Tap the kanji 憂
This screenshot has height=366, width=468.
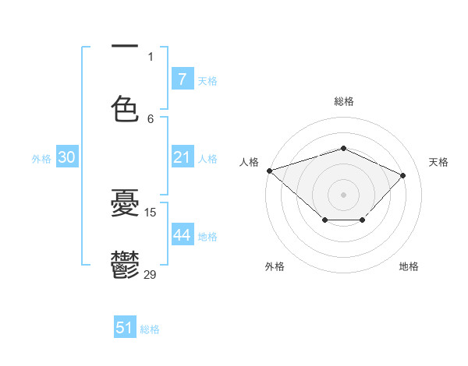[x=125, y=204]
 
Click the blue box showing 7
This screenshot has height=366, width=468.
[x=182, y=79]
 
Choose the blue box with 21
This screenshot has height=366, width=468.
[x=182, y=157]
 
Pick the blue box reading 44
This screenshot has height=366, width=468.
[x=182, y=235]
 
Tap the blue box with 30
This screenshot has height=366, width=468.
[x=66, y=157]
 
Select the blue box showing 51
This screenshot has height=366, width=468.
[x=125, y=328]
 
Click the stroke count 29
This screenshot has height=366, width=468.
[x=151, y=275]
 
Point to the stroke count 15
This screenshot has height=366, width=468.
[x=151, y=212]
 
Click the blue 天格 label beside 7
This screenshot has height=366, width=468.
[x=207, y=80]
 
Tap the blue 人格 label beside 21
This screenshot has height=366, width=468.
[x=207, y=158]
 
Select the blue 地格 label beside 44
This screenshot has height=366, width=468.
[x=207, y=236]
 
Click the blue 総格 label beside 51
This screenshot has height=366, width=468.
[x=150, y=329]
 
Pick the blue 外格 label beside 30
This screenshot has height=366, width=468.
[x=41, y=158]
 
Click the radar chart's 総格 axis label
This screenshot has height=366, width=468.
[x=343, y=101]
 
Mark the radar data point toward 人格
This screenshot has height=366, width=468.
[x=269, y=170]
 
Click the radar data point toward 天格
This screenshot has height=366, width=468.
[x=402, y=175]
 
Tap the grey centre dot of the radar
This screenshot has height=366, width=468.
[x=343, y=193]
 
